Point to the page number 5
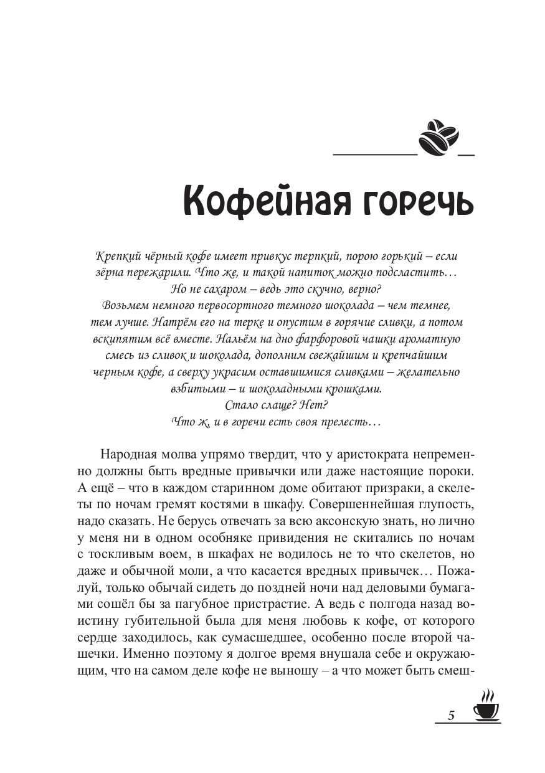point(451,715)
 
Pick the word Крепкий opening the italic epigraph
point(116,257)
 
